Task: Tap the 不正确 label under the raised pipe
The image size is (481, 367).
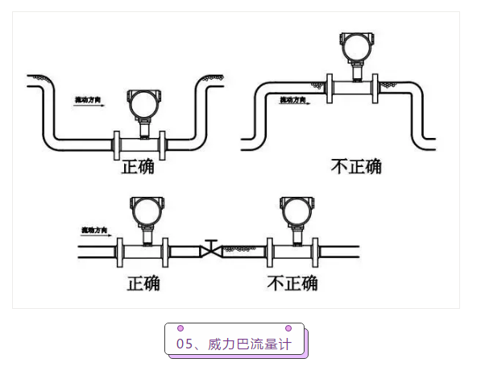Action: coord(356,167)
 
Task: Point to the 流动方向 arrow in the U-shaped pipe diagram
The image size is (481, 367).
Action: coord(89,105)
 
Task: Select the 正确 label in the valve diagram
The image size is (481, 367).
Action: coord(143,283)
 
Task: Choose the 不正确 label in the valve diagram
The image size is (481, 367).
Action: coord(292,283)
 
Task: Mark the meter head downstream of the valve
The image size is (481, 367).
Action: coord(291,211)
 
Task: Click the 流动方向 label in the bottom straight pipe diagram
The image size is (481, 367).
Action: coord(94,231)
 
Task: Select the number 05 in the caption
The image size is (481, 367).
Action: coord(184,344)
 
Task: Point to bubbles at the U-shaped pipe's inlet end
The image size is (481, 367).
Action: coord(38,78)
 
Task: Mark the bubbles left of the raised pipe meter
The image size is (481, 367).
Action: coord(310,83)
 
